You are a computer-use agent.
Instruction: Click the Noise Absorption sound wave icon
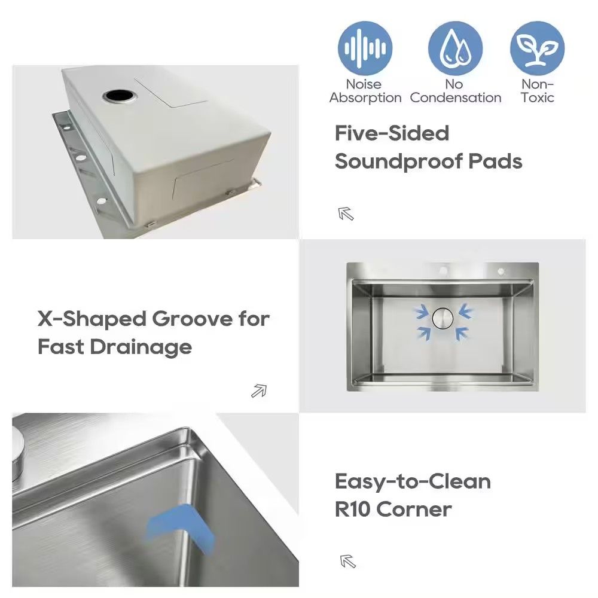pos(365,48)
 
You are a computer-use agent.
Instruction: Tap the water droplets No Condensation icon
pos(455,48)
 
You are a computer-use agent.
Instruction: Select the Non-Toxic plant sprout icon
pos(537,48)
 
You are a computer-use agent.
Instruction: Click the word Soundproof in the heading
pos(398,161)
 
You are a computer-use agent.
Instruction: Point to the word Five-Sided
pos(392,133)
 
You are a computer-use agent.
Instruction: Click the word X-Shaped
pos(92,319)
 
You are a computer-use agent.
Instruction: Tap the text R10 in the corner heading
pos(352,509)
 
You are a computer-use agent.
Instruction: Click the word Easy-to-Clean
pos(413,481)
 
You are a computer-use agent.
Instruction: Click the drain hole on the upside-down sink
pos(119,95)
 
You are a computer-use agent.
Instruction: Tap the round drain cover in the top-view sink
pos(443,318)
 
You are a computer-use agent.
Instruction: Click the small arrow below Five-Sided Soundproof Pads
pos(346,213)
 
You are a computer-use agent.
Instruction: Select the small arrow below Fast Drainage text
pos(259,391)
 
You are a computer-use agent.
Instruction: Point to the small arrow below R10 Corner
pos(347,562)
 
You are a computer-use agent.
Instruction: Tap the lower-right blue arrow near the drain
pos(462,333)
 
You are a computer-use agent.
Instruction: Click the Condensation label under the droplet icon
pos(455,98)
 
